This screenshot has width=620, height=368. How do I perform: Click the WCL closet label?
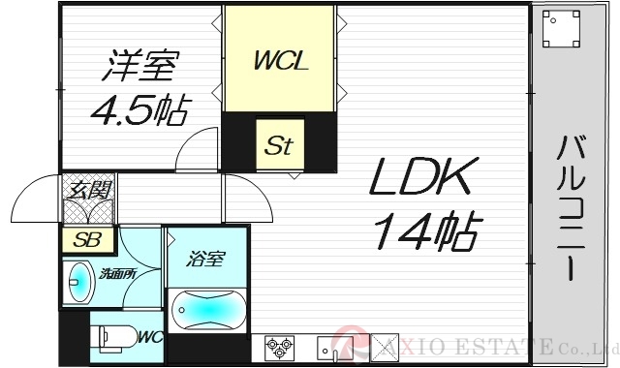pos(281,62)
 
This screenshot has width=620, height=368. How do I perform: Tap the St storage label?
pos(279,147)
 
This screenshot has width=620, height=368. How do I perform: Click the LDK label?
pos(423,181)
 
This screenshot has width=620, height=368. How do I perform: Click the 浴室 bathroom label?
pos(206,259)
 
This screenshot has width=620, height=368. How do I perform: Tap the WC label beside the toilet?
pos(148,338)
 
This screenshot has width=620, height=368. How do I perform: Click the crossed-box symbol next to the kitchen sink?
pos(386,346)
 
